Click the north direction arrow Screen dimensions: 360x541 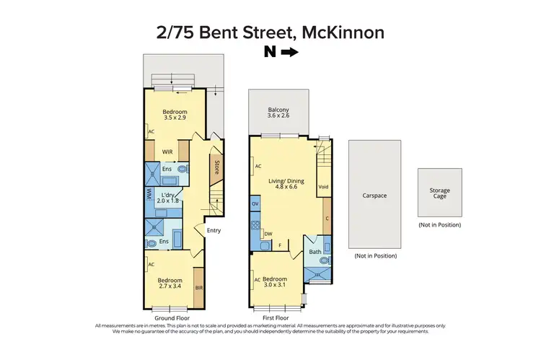click(289, 52)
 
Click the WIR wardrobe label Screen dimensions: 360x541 click(167, 152)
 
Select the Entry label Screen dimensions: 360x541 click(214, 231)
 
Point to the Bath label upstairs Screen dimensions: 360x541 click(315, 253)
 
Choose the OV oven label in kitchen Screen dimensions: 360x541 click(255, 205)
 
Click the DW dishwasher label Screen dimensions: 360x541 click(267, 234)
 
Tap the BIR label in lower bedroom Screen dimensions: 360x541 click(198, 287)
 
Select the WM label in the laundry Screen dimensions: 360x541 click(148, 195)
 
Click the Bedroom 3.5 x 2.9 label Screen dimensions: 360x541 click(175, 114)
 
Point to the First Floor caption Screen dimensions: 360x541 click(276, 317)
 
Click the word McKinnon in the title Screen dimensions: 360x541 click(345, 32)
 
